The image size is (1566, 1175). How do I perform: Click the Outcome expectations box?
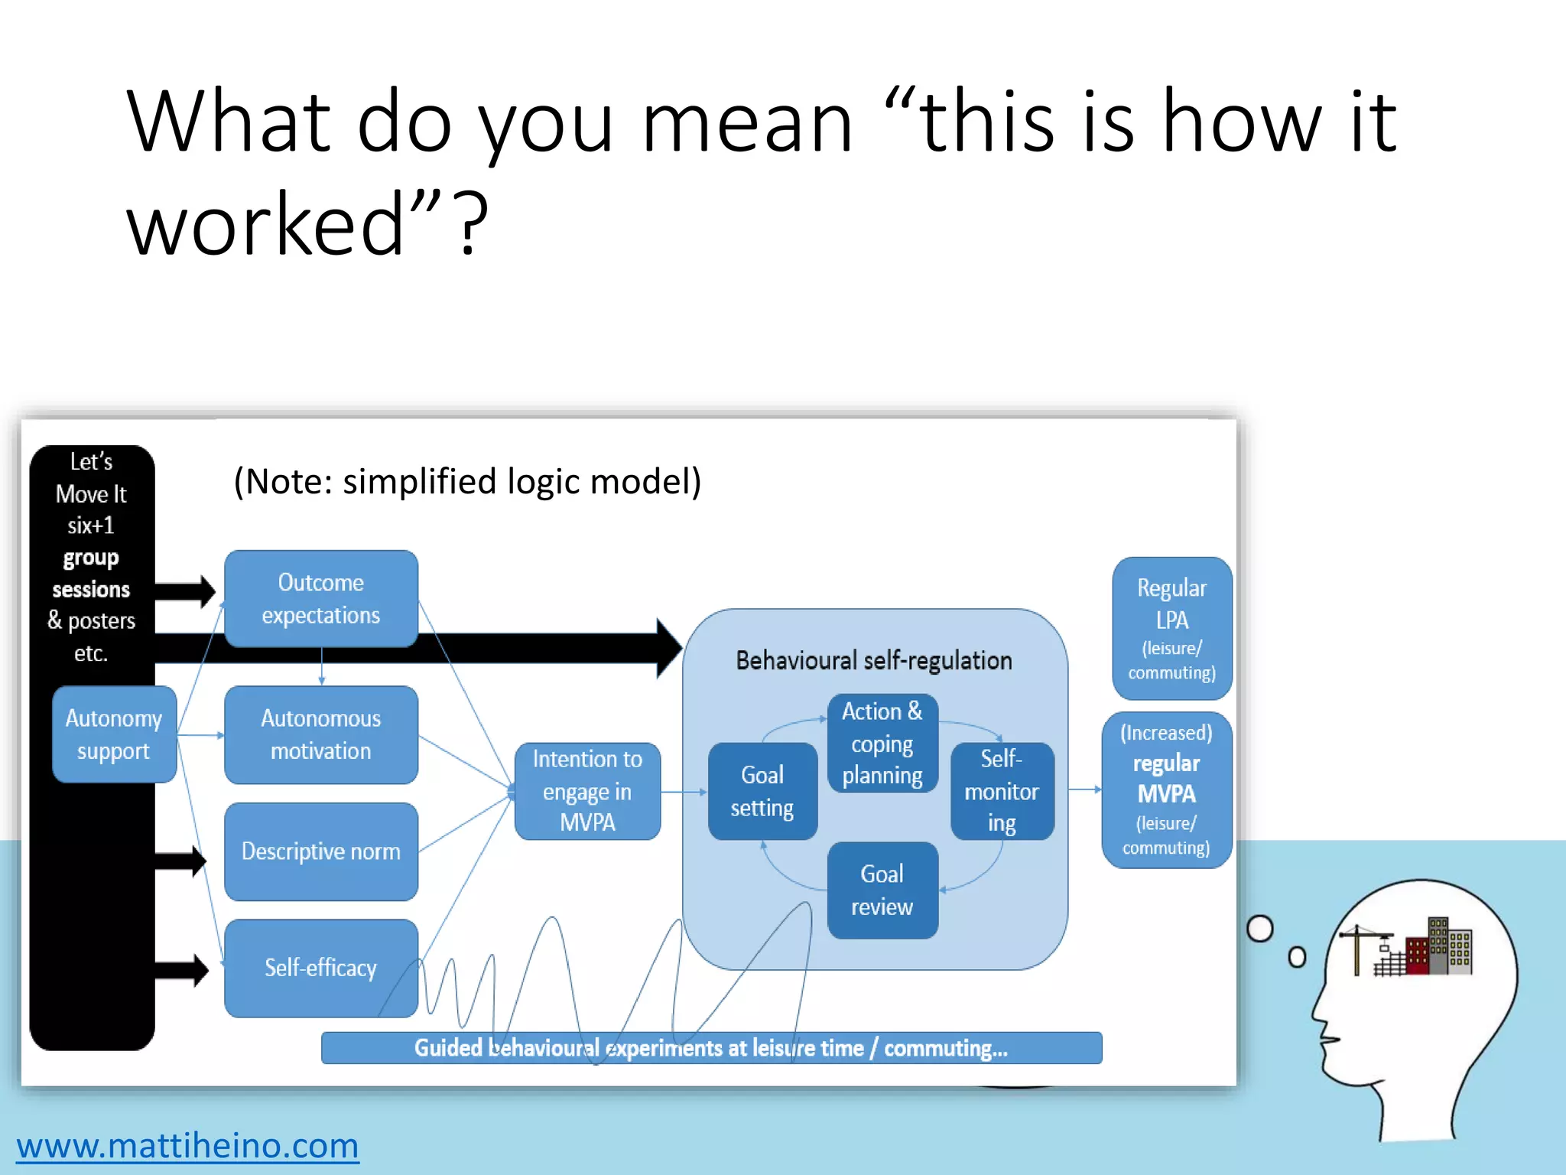[321, 599]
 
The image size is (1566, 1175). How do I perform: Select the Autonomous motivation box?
[321, 734]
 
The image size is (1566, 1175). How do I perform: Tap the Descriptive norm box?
[321, 851]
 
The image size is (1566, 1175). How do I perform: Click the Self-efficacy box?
[321, 968]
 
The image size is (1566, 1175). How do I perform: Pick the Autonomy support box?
[114, 734]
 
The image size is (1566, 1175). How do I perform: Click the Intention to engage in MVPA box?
[587, 791]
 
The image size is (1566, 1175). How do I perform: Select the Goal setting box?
[762, 791]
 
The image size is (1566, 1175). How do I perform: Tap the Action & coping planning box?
[882, 743]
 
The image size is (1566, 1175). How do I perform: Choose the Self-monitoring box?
[1002, 791]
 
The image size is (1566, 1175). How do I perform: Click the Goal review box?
[882, 890]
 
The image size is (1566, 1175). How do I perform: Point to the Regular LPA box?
[1171, 628]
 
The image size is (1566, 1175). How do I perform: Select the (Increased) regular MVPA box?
[1166, 790]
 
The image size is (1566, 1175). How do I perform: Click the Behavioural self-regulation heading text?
[874, 660]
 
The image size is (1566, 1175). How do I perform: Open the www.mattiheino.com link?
[188, 1146]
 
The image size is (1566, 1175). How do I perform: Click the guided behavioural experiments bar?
[711, 1048]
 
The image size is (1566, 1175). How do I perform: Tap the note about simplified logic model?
[467, 482]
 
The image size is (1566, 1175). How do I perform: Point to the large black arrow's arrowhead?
[668, 648]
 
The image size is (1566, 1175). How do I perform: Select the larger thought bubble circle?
[1259, 929]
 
